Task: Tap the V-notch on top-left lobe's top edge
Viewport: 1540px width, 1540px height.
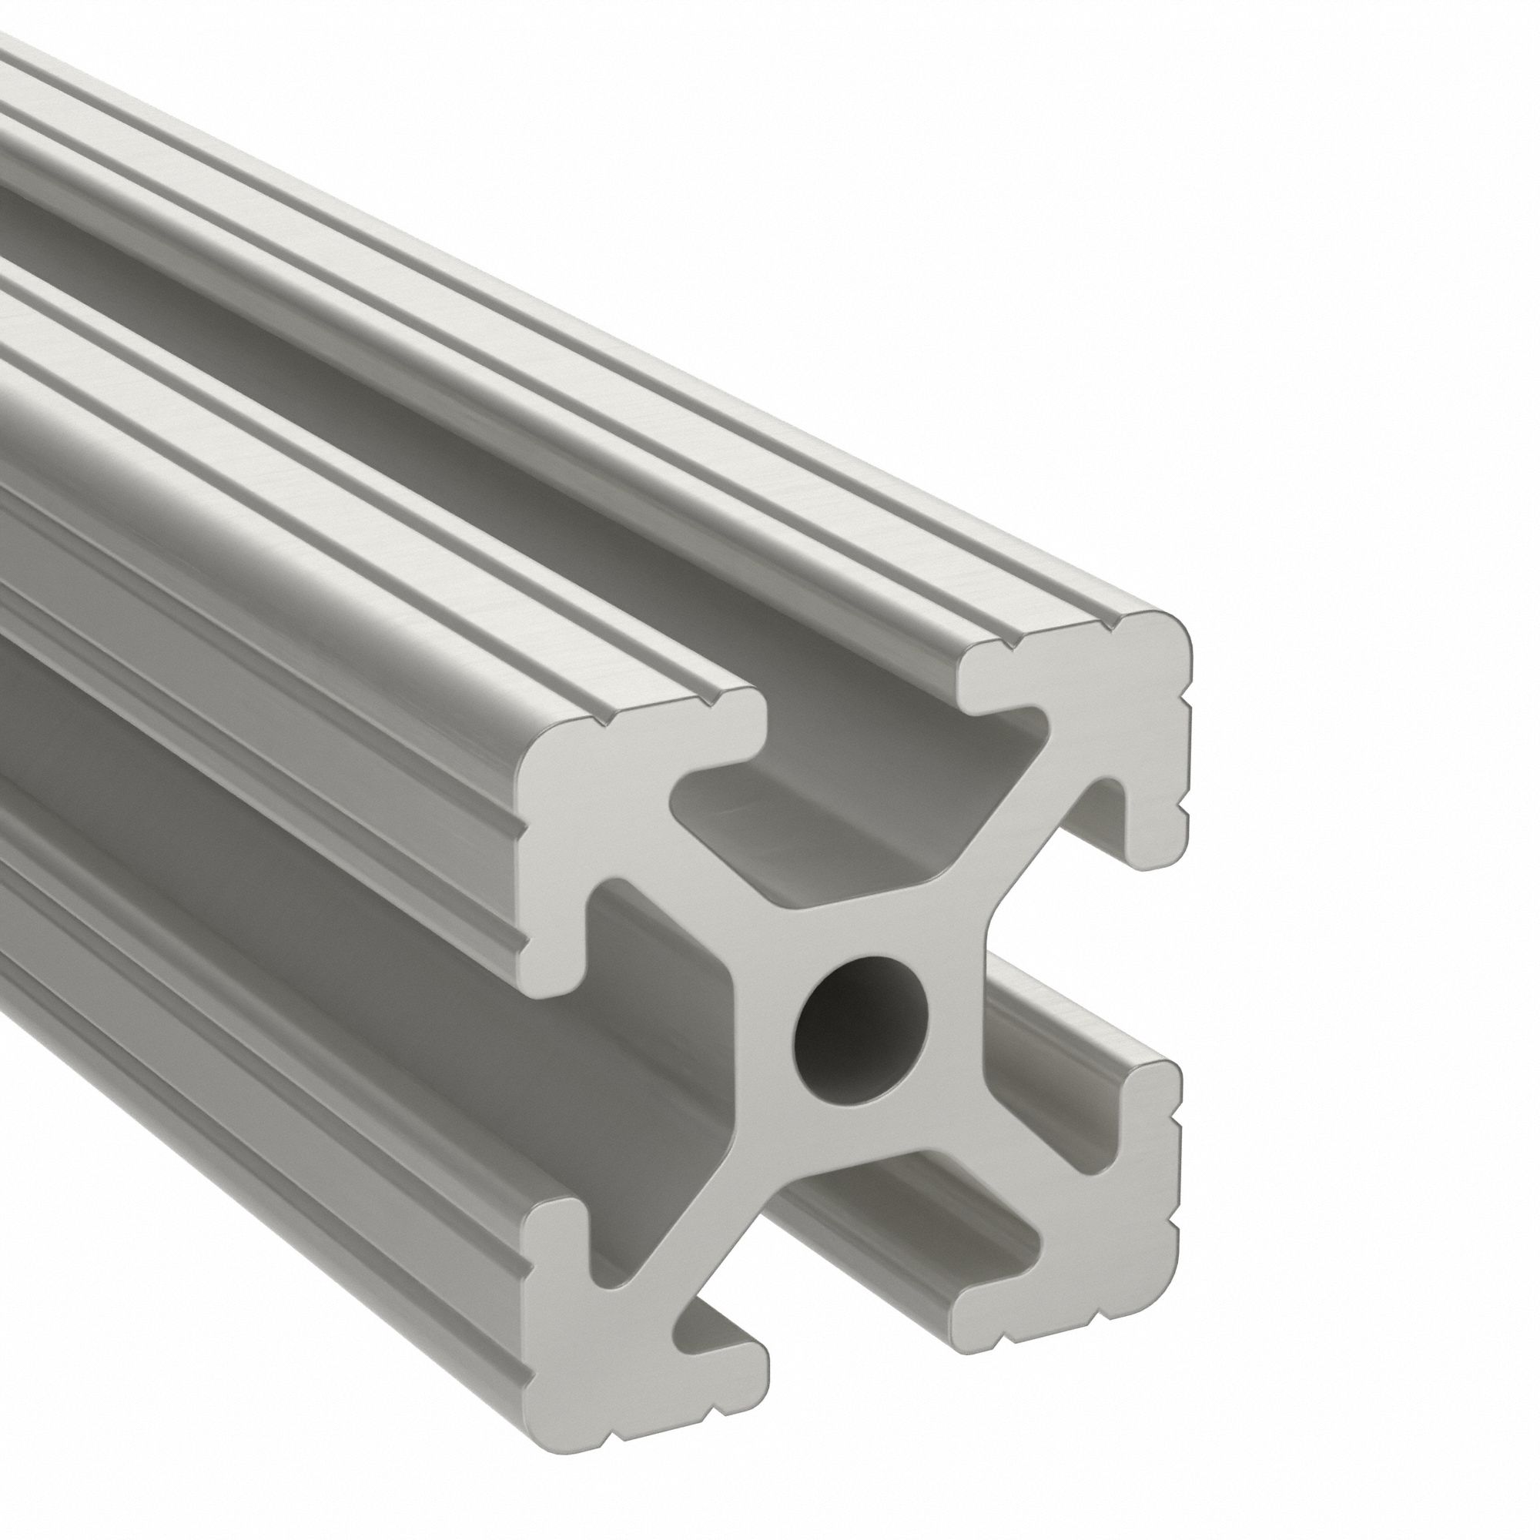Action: (x=598, y=721)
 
